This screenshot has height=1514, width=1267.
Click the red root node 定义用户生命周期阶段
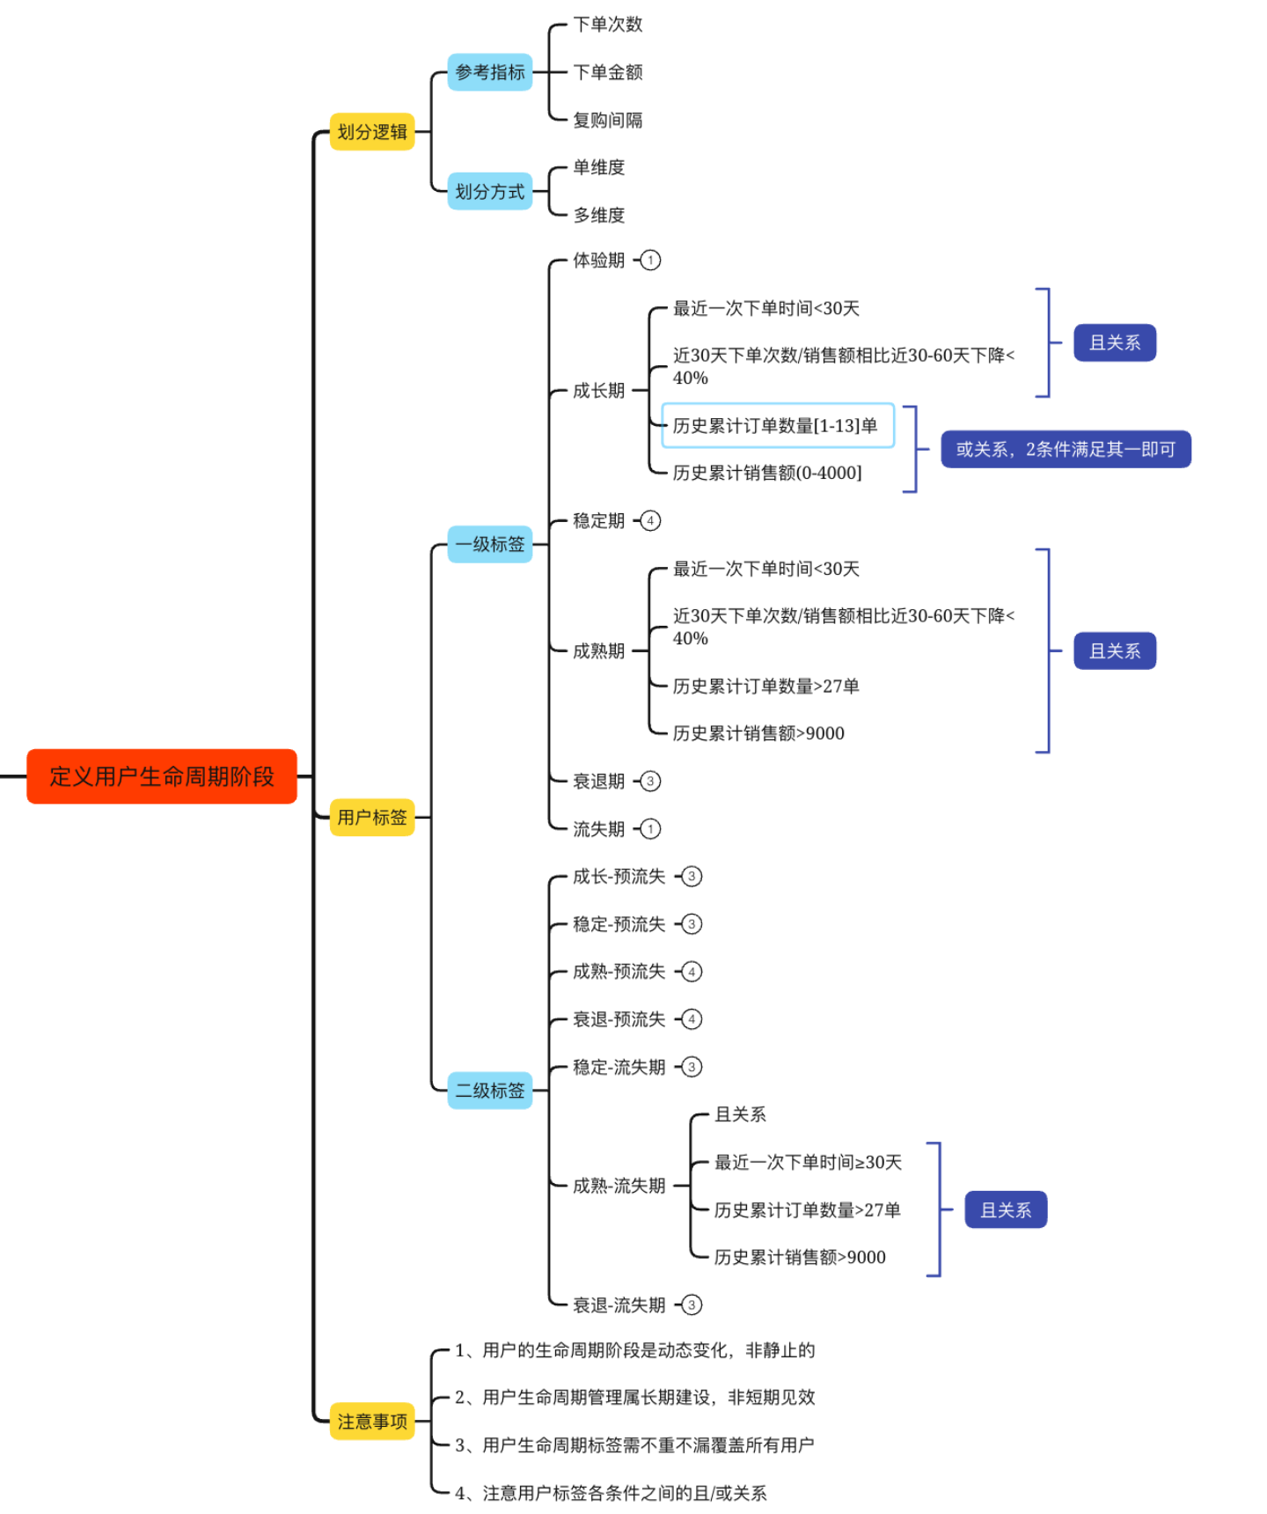(162, 776)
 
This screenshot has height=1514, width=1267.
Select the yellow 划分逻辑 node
(372, 132)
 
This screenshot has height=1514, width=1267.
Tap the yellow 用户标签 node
(372, 817)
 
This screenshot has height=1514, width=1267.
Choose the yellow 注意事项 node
(372, 1421)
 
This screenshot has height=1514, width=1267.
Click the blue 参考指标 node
(490, 72)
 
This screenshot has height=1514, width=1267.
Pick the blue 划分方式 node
(490, 191)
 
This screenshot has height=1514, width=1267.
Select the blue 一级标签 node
(490, 544)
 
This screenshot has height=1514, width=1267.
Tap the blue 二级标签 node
(490, 1091)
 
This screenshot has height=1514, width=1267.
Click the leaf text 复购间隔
(608, 120)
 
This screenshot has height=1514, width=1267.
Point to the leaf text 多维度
(599, 215)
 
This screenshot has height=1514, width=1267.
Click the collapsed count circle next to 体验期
(650, 261)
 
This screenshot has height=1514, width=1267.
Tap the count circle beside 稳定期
(650, 521)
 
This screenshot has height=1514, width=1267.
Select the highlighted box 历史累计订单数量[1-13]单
(778, 426)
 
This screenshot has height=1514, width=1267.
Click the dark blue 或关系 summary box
(1066, 449)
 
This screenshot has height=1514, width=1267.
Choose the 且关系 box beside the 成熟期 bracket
(1115, 651)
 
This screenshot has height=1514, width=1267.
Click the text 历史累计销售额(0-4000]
(767, 473)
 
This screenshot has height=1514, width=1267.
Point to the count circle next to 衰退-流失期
(692, 1305)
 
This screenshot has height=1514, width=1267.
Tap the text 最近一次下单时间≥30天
(808, 1162)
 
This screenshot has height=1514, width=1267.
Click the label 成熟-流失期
(619, 1186)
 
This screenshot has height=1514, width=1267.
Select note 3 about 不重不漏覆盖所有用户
(634, 1444)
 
